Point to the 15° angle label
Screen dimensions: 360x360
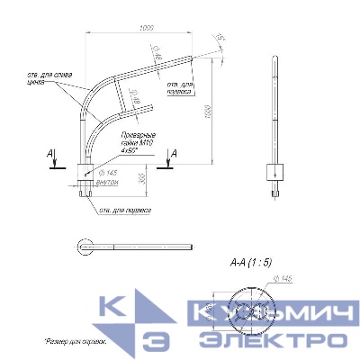[220, 38]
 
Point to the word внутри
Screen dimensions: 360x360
[107, 181]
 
